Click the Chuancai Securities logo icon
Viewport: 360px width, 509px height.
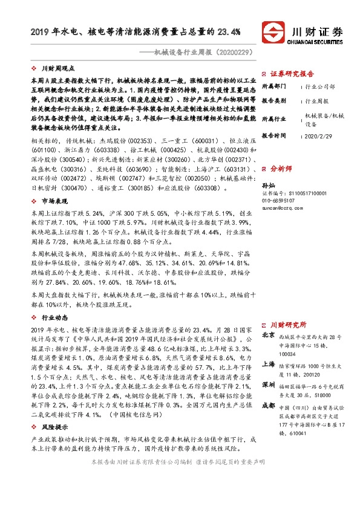tap(270, 31)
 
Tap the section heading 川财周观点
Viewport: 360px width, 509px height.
tap(57, 70)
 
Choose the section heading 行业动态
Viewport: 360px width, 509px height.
tap(54, 316)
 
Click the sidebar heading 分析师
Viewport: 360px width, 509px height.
tap(281, 167)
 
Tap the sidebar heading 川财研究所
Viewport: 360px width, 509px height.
tap(288, 324)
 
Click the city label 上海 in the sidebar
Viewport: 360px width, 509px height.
tap(267, 365)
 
